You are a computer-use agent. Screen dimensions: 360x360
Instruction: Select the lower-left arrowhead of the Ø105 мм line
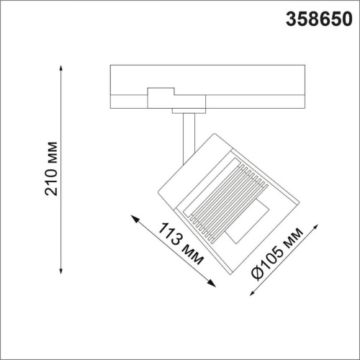(x=250, y=295)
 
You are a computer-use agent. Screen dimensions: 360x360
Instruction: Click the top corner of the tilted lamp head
(x=213, y=134)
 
